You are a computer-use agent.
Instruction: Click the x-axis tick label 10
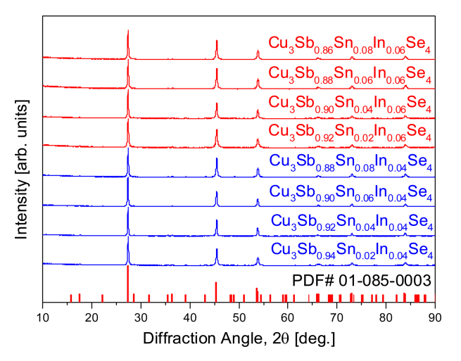(x=42, y=317)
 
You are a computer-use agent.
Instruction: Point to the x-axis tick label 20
(x=91, y=317)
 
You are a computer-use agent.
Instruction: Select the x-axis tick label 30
(x=141, y=317)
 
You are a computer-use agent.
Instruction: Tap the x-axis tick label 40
(x=189, y=317)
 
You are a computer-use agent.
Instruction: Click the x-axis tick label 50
(x=239, y=317)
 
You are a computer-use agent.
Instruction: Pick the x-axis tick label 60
(x=288, y=317)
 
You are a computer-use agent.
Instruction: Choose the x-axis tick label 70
(x=337, y=317)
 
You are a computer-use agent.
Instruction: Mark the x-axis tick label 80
(x=386, y=317)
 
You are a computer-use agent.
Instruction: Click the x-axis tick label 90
(x=435, y=317)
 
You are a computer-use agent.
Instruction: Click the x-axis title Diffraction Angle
(x=239, y=338)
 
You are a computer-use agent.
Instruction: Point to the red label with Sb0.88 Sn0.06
(x=350, y=75)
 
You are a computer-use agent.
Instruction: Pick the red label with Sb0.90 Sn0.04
(x=350, y=103)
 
